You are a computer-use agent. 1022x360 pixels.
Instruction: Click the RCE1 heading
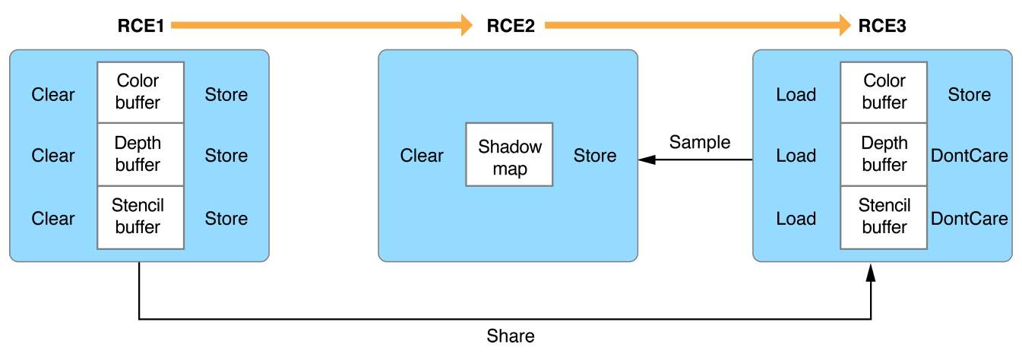(141, 26)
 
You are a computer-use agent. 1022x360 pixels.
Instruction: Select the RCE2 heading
(511, 26)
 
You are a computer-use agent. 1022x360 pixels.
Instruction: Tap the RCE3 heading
(882, 26)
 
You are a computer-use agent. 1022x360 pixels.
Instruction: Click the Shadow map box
(509, 156)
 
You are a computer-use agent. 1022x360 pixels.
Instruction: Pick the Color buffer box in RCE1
(141, 92)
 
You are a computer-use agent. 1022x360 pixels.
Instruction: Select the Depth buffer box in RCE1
(141, 154)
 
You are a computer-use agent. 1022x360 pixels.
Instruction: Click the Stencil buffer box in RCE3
(884, 216)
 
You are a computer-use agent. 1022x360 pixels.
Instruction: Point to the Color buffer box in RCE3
(884, 92)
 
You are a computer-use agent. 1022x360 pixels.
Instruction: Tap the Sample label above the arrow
(699, 142)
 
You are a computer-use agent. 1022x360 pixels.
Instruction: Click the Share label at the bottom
(511, 336)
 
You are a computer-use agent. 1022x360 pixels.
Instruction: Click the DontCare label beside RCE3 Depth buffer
(970, 156)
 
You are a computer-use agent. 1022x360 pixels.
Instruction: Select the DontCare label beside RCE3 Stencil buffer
(970, 219)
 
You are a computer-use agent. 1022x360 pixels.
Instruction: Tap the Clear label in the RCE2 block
(422, 156)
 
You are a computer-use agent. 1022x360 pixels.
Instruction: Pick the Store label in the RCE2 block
(595, 156)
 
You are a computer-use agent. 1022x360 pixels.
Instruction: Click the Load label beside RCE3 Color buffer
(796, 95)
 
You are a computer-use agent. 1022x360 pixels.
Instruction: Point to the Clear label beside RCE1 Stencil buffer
(53, 219)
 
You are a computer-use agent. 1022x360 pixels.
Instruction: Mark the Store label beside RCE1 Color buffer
(226, 95)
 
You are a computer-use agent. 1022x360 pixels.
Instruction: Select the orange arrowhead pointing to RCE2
(466, 26)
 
